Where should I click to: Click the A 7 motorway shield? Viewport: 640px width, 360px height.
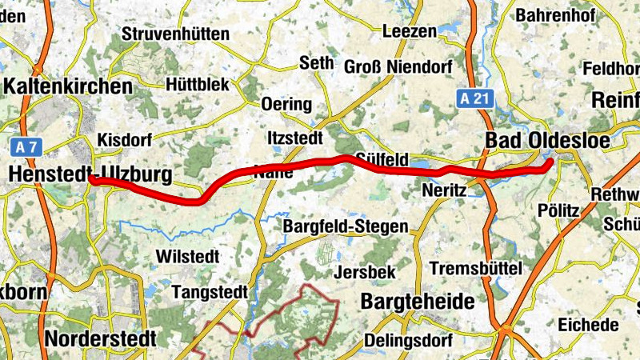tap(26, 146)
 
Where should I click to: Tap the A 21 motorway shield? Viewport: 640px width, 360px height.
tap(478, 98)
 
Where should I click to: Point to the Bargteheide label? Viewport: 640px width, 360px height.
tap(418, 302)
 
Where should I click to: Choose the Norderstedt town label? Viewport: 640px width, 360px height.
tap(100, 338)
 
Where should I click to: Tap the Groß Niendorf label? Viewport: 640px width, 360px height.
tap(398, 65)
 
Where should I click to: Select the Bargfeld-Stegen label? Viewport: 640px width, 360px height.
tap(346, 227)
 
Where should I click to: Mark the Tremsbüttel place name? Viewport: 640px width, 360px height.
tap(475, 267)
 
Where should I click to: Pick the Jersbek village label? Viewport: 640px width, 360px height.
tap(366, 272)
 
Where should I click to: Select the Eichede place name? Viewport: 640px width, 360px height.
tap(590, 325)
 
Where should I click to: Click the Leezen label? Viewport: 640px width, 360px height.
tap(410, 32)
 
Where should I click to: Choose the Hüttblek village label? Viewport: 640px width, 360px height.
tap(198, 84)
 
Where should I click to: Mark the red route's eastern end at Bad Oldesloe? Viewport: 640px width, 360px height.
tap(550, 164)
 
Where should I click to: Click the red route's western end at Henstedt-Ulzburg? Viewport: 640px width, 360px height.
tap(92, 180)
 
